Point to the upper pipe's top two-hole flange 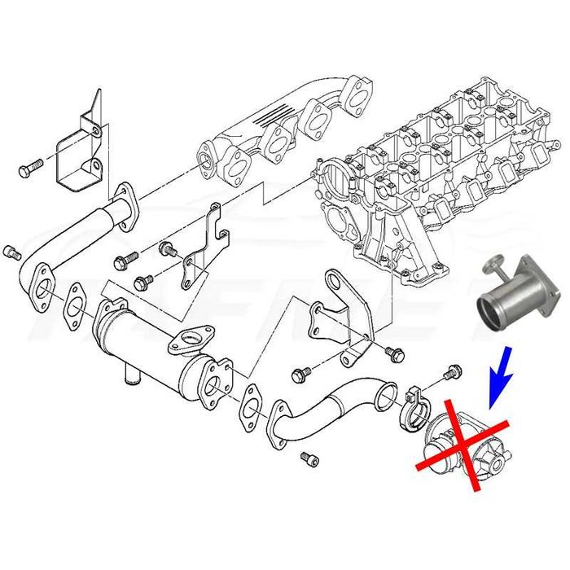125,199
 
